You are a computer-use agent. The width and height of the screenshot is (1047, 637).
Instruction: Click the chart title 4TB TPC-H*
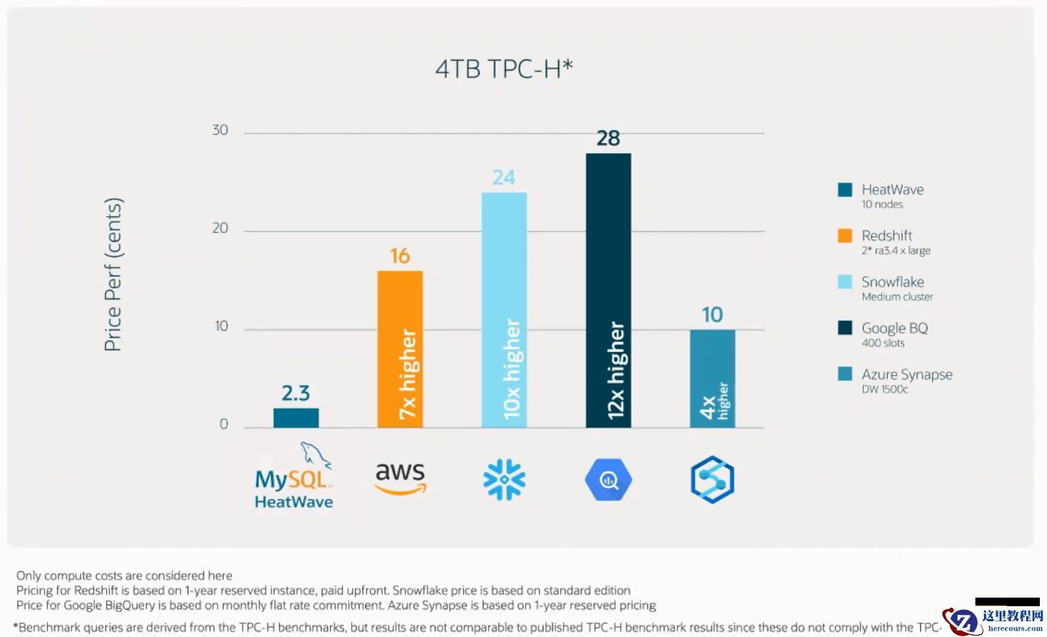click(x=504, y=69)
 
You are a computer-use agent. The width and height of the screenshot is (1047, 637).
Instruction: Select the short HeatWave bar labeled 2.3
click(x=296, y=418)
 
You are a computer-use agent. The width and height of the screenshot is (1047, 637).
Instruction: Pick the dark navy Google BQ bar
click(x=608, y=290)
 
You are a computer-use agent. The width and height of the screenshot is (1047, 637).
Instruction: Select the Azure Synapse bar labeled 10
click(x=712, y=379)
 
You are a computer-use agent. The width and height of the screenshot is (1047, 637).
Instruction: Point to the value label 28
click(x=608, y=138)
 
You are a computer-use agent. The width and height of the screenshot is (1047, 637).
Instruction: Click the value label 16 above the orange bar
click(x=400, y=256)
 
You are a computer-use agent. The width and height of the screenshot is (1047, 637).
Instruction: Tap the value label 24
click(x=504, y=178)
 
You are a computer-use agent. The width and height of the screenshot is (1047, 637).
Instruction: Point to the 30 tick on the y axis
click(x=220, y=130)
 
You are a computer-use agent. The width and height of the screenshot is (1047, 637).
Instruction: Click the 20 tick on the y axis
click(x=220, y=228)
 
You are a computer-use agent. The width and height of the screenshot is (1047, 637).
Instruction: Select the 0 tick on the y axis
click(x=223, y=424)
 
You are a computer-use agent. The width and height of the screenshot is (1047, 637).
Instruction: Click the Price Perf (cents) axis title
click(x=113, y=274)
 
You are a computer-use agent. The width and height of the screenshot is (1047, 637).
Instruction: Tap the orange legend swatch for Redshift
click(x=845, y=235)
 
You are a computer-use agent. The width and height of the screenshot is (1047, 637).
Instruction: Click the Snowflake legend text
click(x=892, y=282)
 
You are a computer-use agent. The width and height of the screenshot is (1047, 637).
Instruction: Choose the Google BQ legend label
click(x=894, y=329)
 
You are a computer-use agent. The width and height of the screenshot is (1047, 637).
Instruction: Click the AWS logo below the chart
click(x=400, y=477)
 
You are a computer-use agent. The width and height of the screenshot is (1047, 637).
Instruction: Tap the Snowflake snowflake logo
click(x=504, y=480)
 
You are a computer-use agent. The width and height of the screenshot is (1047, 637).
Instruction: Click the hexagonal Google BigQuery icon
click(x=608, y=480)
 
